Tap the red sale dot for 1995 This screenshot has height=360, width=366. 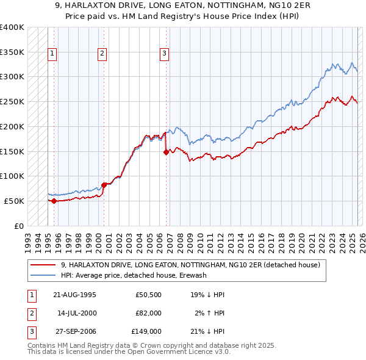point(54,200)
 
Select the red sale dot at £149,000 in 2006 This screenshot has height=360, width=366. point(166,153)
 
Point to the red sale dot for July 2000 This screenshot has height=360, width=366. point(104,184)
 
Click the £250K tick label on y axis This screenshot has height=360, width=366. point(12,101)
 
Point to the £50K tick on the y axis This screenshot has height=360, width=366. point(14,201)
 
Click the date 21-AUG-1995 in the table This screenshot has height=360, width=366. point(74,294)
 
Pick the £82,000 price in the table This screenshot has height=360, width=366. point(148,313)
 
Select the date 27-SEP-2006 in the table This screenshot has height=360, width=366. point(74,332)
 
